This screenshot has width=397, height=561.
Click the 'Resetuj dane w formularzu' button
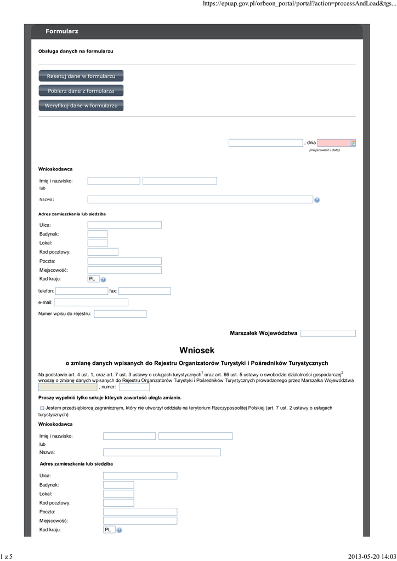pyautogui.click(x=81, y=76)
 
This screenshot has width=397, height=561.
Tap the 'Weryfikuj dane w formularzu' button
pyautogui.click(x=81, y=105)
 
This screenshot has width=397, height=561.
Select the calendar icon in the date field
pyautogui.click(x=353, y=143)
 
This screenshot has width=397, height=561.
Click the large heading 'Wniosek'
pyautogui.click(x=197, y=350)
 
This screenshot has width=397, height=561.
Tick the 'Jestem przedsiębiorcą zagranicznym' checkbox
pyautogui.click(x=42, y=408)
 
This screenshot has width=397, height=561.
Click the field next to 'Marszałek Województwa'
pyautogui.click(x=328, y=333)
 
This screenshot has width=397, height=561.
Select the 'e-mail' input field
pyautogui.click(x=91, y=302)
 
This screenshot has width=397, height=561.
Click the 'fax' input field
pyautogui.click(x=144, y=291)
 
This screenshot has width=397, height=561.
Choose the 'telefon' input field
pyautogui.click(x=81, y=291)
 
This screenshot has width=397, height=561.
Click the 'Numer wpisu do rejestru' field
pyautogui.click(x=120, y=314)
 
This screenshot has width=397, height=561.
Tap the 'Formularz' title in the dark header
pyautogui.click(x=62, y=31)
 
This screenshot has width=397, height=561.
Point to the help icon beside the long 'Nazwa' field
pyautogui.click(x=317, y=200)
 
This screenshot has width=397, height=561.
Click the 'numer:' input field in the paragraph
pyautogui.click(x=134, y=387)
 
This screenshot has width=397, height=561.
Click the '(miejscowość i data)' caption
pyautogui.click(x=324, y=150)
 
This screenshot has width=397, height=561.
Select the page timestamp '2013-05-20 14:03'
pyautogui.click(x=372, y=557)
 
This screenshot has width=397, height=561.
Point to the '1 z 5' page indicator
pyautogui.click(x=7, y=557)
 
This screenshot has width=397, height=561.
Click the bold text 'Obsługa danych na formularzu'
pyautogui.click(x=76, y=51)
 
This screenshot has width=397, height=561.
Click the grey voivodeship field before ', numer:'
pyautogui.click(x=67, y=387)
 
